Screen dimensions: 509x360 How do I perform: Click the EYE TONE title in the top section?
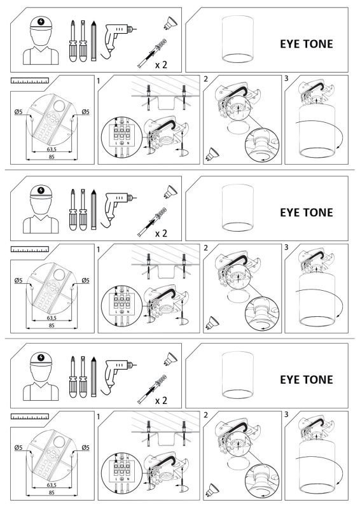pos(306,44)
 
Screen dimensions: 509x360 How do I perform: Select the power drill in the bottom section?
pos(116,373)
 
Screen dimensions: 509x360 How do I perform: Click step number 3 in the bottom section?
pos(287,415)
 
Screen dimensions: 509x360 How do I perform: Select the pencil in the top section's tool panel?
pos(93,41)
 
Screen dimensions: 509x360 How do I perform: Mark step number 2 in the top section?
pos(205,80)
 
